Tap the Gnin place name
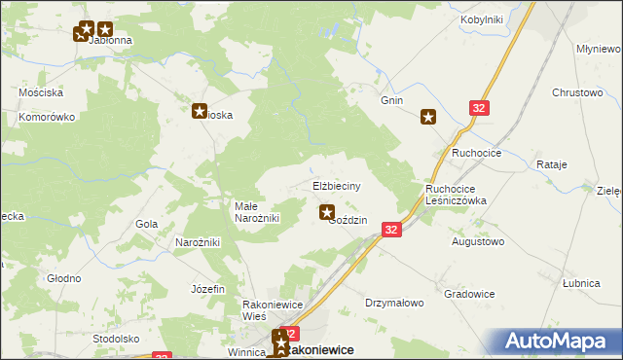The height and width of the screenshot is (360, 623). click(x=391, y=100)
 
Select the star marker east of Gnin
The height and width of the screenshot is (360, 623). click(x=428, y=118)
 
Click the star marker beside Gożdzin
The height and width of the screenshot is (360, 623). click(x=327, y=212)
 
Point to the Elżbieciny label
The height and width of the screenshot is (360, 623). click(x=337, y=185)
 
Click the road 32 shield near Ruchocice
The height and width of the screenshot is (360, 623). click(x=478, y=109)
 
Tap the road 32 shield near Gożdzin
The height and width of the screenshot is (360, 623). click(x=390, y=229)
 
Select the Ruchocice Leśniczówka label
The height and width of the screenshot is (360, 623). click(x=456, y=195)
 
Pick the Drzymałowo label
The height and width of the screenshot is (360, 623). click(x=394, y=303)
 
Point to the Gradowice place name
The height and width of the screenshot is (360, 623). click(x=469, y=294)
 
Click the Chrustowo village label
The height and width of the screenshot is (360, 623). click(x=578, y=92)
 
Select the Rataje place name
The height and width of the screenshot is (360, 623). click(x=551, y=165)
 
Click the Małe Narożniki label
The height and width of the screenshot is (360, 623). click(x=257, y=212)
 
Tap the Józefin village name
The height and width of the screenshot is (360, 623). click(x=208, y=289)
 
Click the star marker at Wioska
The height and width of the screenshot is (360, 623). click(x=201, y=112)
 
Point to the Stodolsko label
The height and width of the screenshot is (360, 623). click(x=117, y=339)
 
